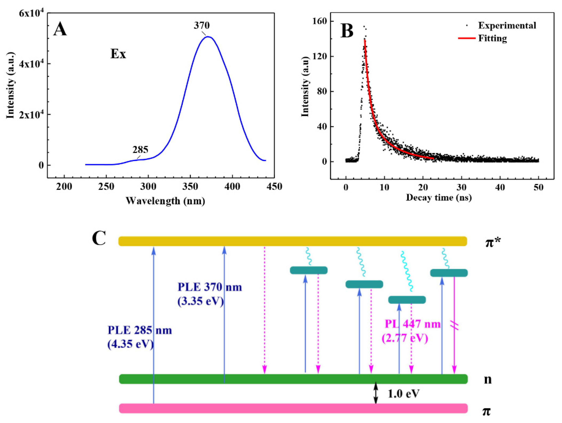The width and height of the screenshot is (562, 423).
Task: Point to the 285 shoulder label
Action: coord(140,150)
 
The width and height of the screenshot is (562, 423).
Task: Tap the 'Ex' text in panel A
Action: coord(118,54)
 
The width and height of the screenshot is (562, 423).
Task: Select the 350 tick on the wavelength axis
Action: coord(190,187)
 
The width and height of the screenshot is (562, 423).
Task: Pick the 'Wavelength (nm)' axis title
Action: coord(165,201)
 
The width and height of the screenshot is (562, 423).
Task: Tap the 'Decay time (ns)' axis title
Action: coord(439,197)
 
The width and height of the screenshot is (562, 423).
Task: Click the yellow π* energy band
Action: coord(292,241)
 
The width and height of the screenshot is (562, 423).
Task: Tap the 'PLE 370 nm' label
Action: coord(210,287)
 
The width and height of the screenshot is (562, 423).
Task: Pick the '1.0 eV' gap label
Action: coord(404,394)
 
